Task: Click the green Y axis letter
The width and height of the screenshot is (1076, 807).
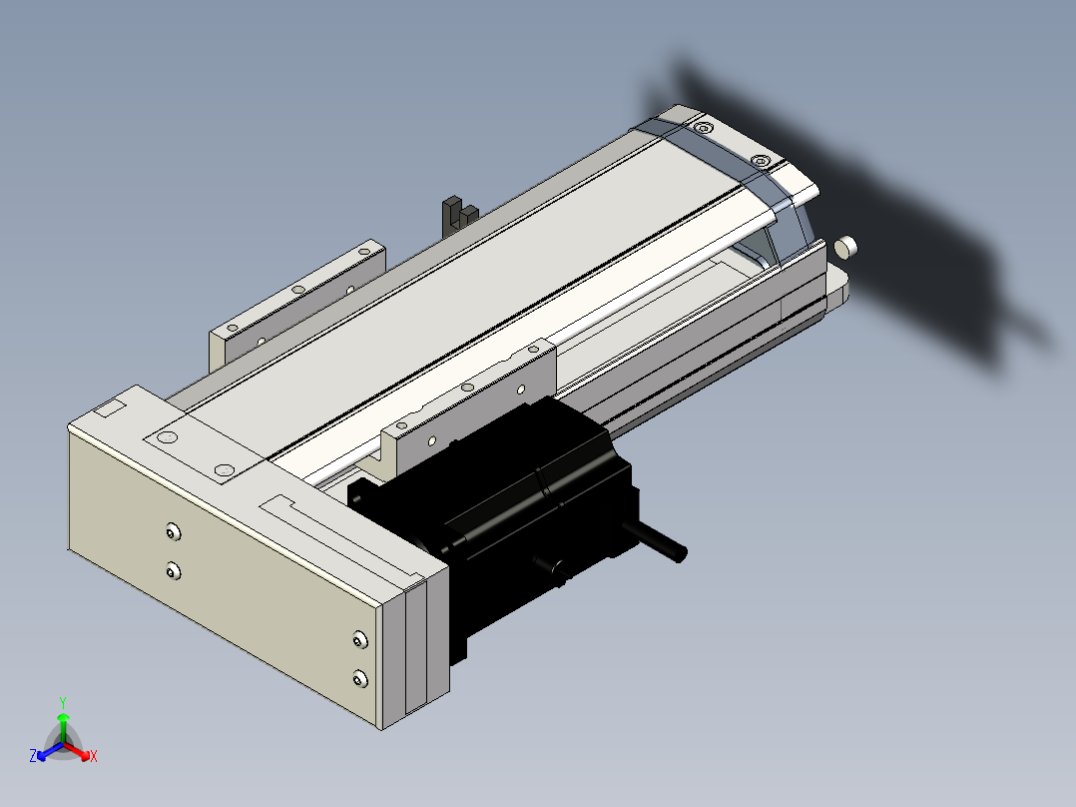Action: pos(63,702)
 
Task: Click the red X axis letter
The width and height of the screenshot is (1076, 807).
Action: pos(94,756)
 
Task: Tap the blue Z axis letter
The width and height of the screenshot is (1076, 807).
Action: pos(33,755)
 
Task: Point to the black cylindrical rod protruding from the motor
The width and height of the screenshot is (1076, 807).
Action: pos(656,541)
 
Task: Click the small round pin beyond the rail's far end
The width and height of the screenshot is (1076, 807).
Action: pos(845,248)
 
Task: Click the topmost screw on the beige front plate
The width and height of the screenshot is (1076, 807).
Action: pos(173,531)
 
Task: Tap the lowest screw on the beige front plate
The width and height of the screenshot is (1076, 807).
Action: pos(359,679)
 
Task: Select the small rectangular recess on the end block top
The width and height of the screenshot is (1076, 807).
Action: pos(109,409)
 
